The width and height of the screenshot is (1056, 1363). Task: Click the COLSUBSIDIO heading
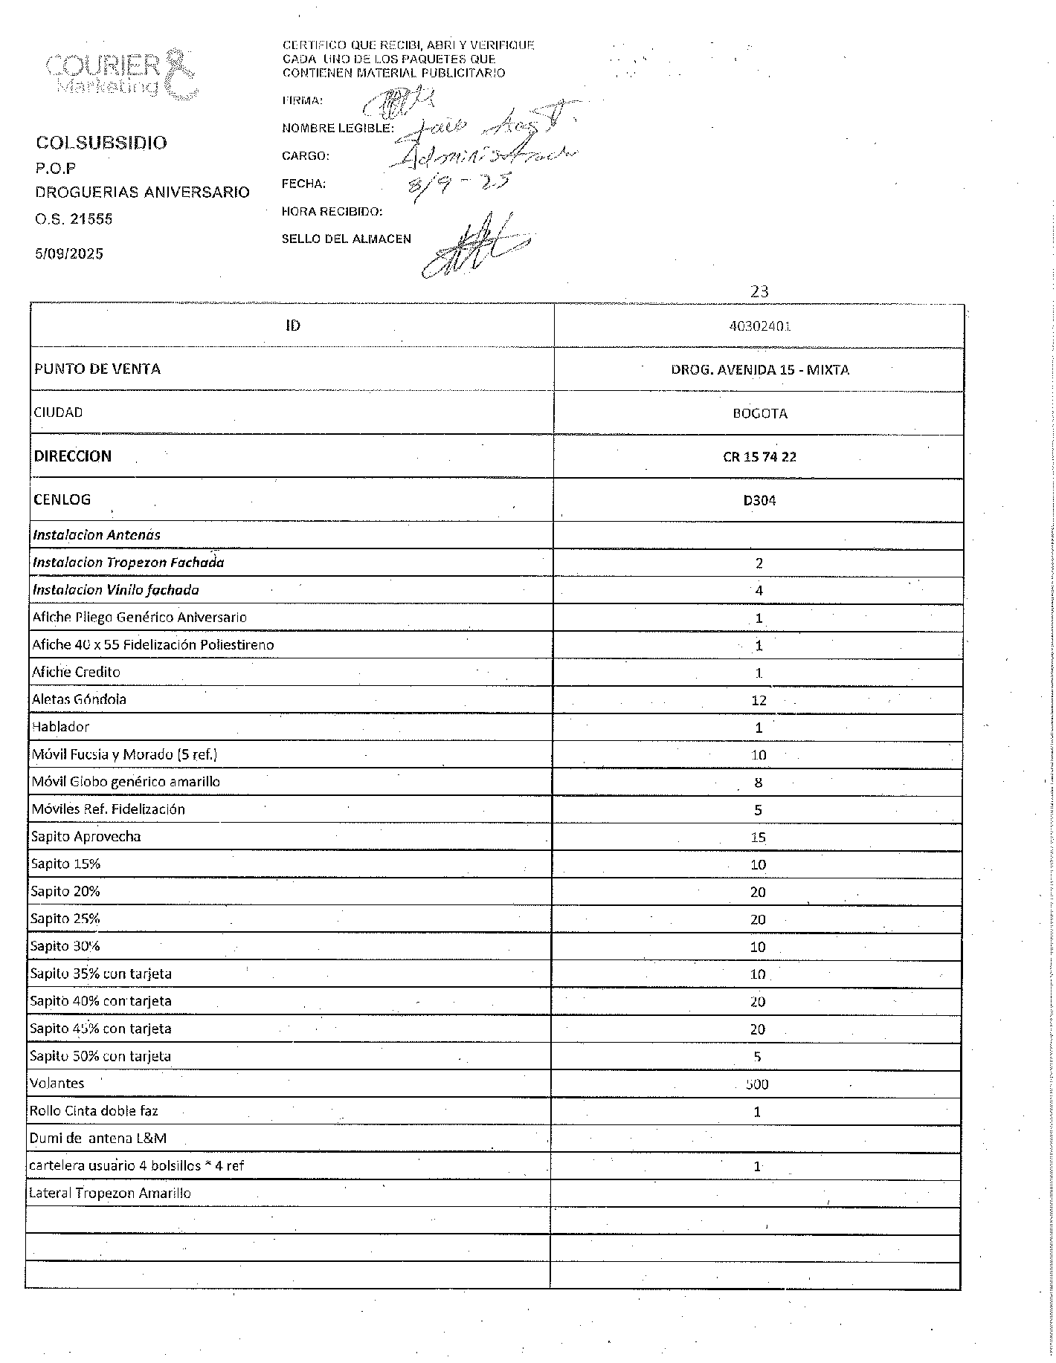101,143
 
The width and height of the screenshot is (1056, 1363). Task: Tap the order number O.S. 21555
74,219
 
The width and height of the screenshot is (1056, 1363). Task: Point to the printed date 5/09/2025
69,253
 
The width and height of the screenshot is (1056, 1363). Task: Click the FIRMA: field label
302,100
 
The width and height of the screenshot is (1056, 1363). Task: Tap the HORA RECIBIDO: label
332,212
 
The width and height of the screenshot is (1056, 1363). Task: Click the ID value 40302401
759,326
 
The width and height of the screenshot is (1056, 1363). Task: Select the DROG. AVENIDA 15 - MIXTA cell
759,369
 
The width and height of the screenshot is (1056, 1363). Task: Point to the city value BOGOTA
759,413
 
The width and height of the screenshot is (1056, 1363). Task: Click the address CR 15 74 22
759,456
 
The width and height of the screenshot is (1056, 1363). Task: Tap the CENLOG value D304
759,500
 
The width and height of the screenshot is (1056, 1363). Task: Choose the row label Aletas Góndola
79,699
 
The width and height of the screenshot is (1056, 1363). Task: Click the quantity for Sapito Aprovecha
758,838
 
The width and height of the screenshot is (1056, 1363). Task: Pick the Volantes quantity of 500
757,1084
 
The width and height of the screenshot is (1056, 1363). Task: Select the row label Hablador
60,727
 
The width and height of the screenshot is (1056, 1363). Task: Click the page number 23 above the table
759,291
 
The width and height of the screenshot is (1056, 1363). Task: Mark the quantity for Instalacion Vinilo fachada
759,591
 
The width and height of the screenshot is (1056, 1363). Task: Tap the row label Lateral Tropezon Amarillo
109,1194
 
